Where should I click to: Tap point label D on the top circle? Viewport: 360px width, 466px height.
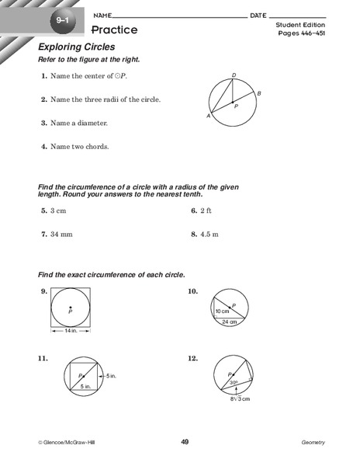[234, 75]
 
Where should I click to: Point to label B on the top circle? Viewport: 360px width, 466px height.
[258, 93]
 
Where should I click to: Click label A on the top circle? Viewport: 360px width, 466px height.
[208, 116]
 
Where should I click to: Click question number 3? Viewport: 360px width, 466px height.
[44, 123]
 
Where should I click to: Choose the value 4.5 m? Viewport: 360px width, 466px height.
[210, 234]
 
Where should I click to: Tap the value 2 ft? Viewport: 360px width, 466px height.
[206, 210]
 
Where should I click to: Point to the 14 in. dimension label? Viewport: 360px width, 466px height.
[70, 331]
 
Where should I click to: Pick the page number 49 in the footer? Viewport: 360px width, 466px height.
[185, 442]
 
